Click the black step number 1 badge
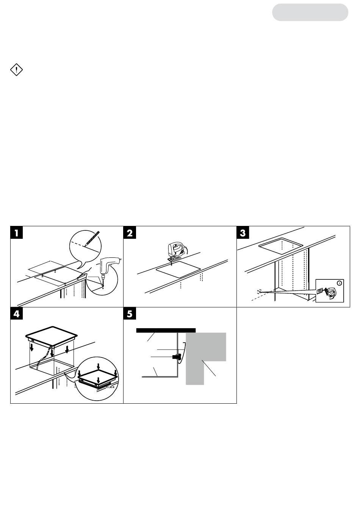[17, 232]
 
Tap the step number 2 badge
[130, 232]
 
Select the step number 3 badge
[243, 232]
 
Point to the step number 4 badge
[17, 314]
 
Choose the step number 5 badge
[130, 314]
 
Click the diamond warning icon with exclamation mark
[16, 69]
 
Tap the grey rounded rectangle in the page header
[310, 12]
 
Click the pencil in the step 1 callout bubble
[92, 238]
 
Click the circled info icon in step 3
[340, 283]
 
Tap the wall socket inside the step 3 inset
[320, 291]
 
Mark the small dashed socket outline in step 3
[259, 291]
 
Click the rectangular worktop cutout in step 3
[281, 246]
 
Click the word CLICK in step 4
[110, 387]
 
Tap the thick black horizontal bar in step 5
[166, 330]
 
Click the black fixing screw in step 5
[176, 357]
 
